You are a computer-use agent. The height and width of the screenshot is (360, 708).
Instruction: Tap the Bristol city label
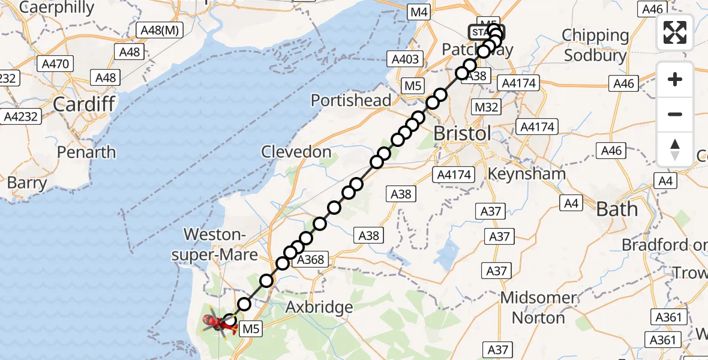tap(461, 133)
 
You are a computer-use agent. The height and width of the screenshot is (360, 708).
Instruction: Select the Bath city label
tap(617, 209)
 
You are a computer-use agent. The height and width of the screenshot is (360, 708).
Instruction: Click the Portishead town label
tap(351, 100)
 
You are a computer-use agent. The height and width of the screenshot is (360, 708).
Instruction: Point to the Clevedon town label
tap(296, 152)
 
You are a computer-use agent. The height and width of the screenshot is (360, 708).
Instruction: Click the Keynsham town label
tap(527, 173)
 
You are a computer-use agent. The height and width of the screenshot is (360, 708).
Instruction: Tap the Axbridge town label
tap(319, 308)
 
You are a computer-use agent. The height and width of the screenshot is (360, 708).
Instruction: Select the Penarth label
tap(86, 152)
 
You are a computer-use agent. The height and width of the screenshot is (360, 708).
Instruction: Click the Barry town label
tap(26, 183)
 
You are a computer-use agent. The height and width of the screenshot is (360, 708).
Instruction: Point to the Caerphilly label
tap(57, 8)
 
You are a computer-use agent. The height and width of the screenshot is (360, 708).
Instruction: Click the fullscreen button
tap(675, 32)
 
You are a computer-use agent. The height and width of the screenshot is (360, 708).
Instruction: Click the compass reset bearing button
tap(675, 149)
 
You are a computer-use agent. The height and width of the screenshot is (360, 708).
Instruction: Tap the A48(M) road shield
tap(159, 30)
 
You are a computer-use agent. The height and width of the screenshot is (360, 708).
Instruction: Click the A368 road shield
tap(310, 259)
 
